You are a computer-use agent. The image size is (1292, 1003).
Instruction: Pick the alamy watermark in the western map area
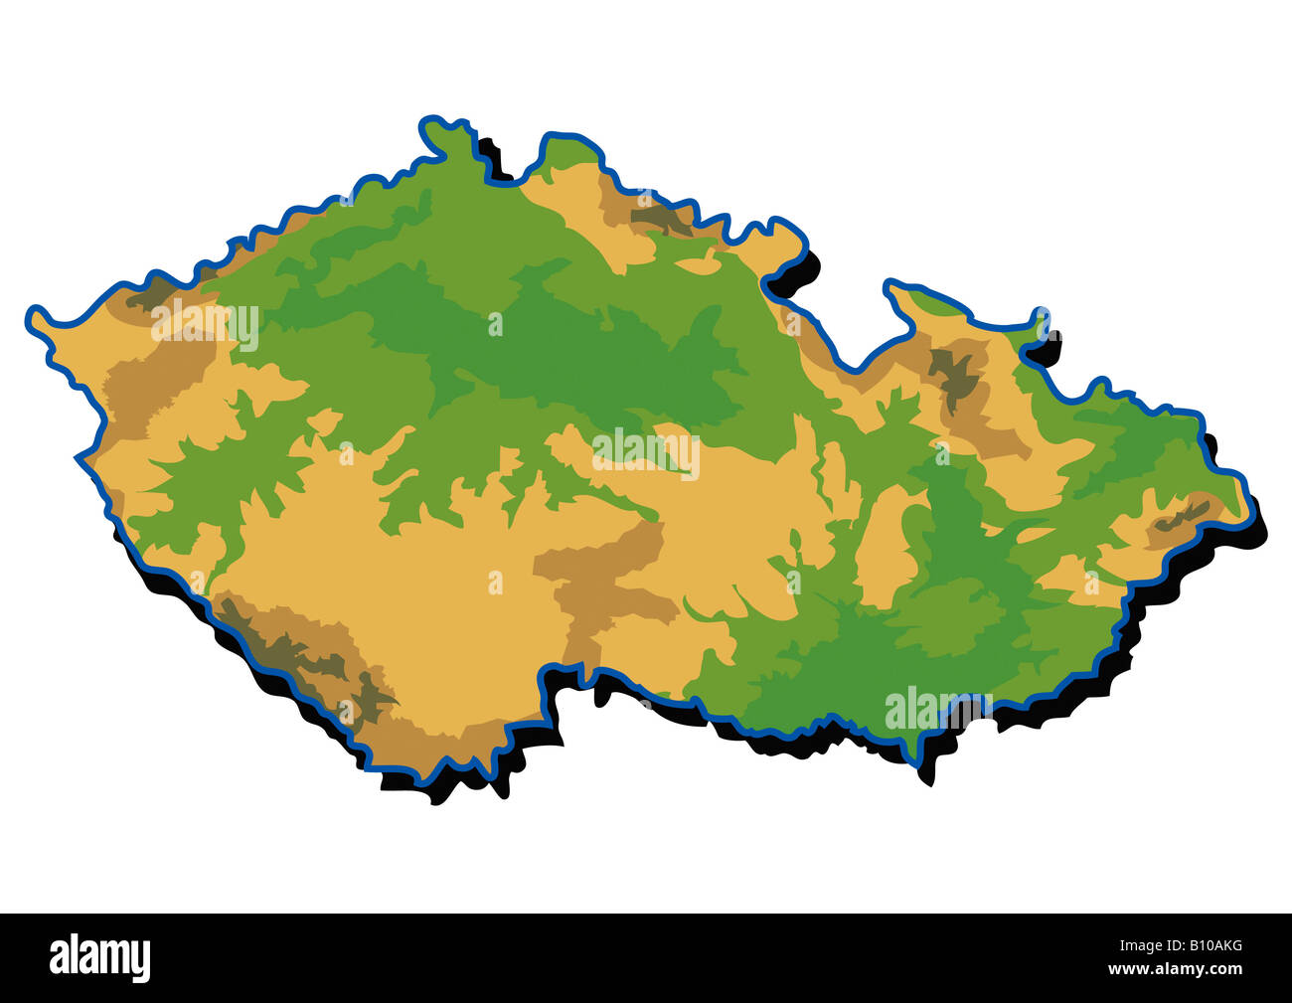click(x=205, y=325)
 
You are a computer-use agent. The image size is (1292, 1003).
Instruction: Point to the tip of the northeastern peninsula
click(x=889, y=288)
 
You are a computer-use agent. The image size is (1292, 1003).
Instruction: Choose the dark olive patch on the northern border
click(x=661, y=220)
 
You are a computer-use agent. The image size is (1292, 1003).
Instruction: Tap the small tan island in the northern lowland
click(x=701, y=264)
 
